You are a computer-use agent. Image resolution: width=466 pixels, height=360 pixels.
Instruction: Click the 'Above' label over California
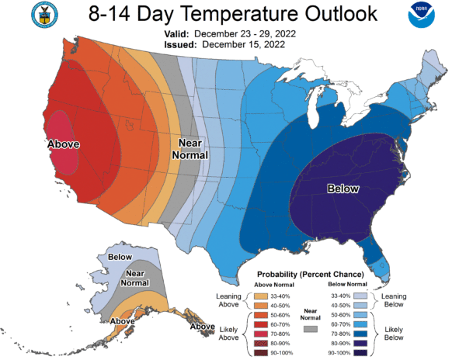pos(64,144)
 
